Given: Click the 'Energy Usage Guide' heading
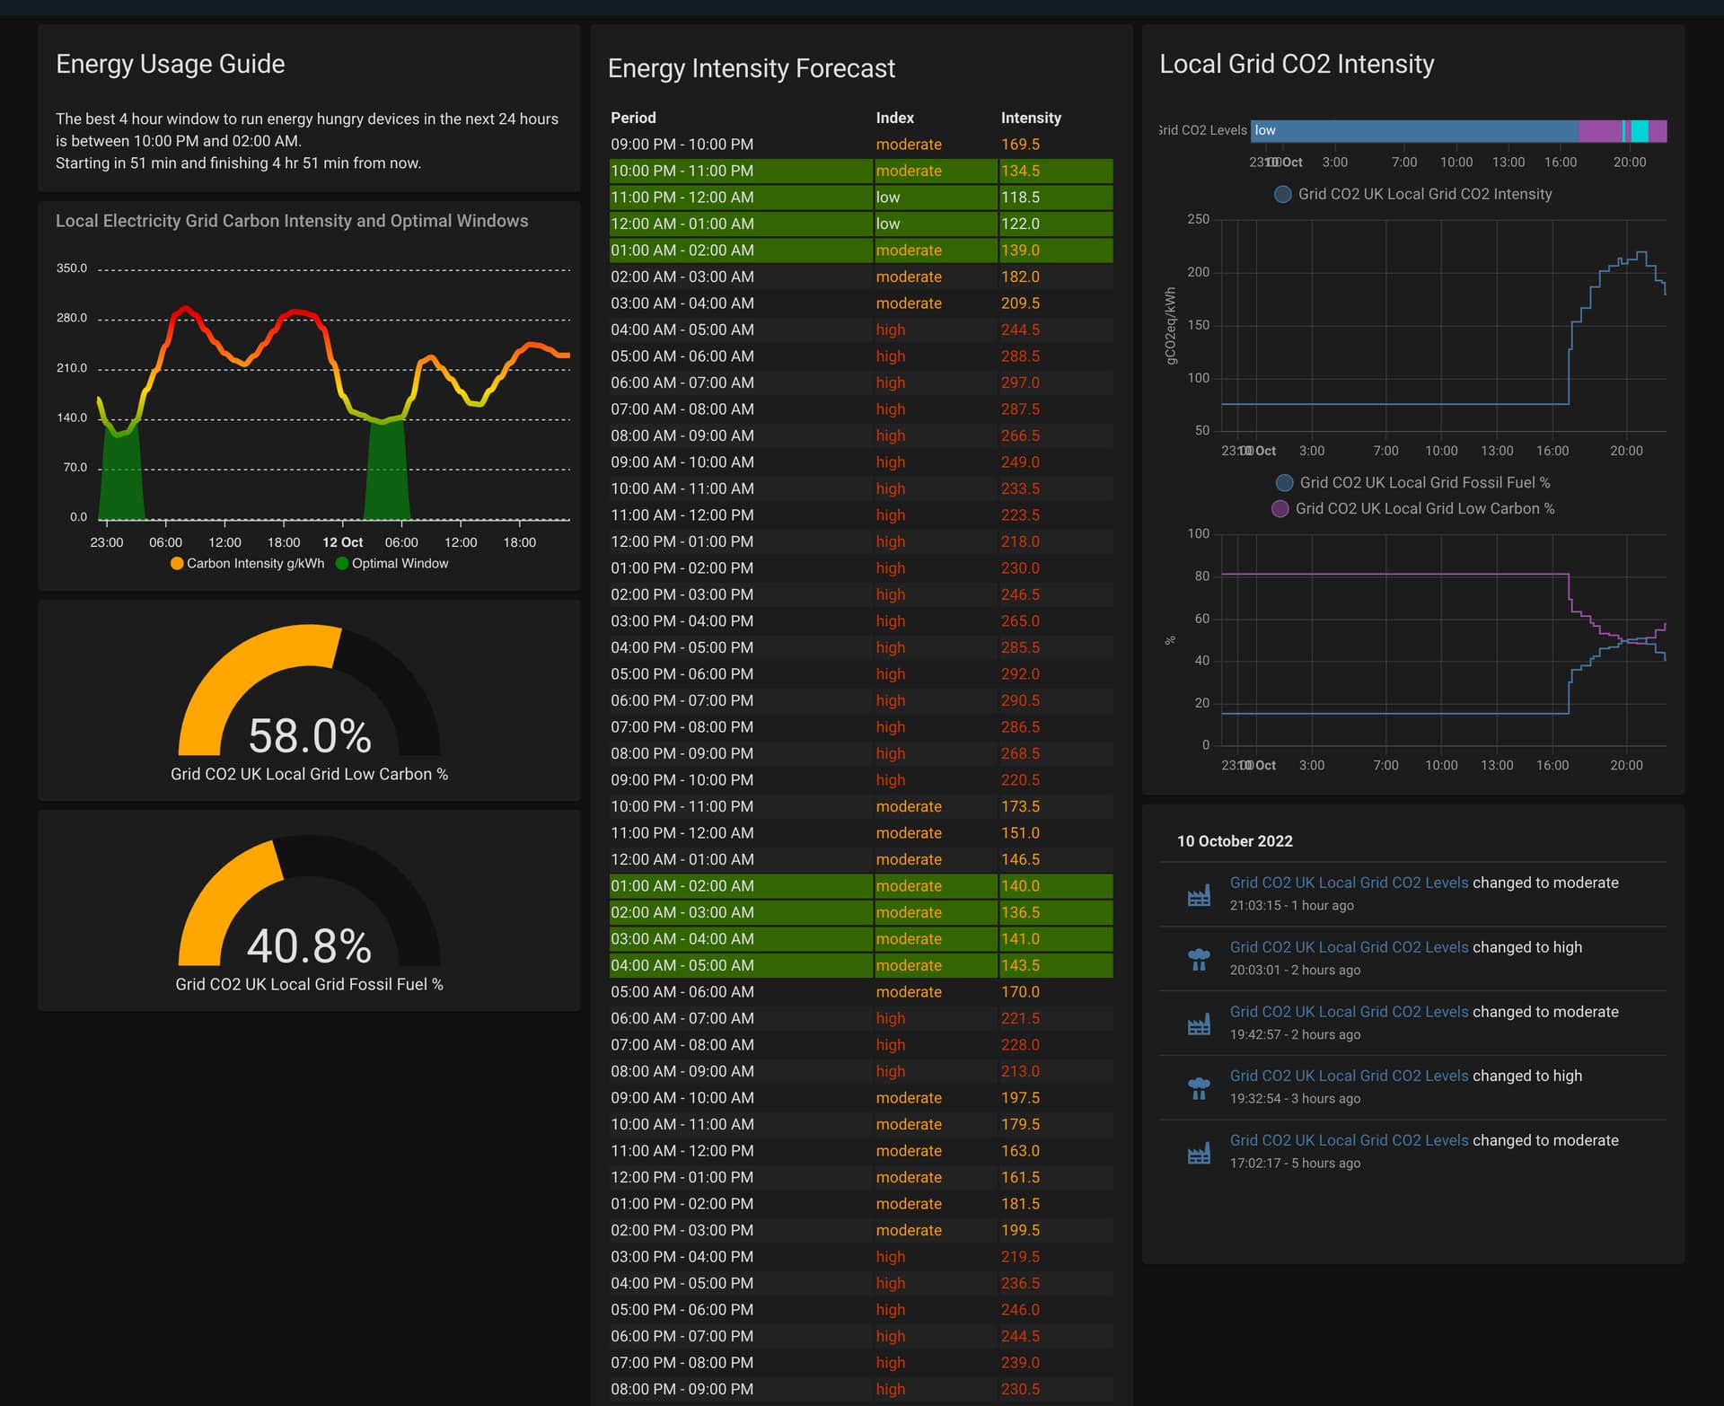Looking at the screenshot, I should click(x=170, y=64).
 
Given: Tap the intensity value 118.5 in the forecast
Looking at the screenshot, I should click(x=1020, y=197).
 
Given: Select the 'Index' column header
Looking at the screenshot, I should click(x=894, y=118).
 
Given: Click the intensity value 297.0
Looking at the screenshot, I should click(x=1020, y=382).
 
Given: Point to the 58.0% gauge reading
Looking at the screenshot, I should click(x=309, y=735).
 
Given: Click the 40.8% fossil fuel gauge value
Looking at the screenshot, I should click(x=309, y=945).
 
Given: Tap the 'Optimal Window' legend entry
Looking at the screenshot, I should click(x=400, y=563).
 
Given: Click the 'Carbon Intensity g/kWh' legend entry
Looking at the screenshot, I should click(x=255, y=563).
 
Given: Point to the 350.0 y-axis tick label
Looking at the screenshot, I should click(x=72, y=268).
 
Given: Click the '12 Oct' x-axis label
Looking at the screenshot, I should click(x=342, y=542).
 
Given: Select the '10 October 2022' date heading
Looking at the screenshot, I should click(x=1235, y=841).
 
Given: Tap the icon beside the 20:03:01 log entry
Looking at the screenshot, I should click(x=1199, y=959).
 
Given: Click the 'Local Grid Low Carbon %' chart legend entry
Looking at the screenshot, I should click(x=1424, y=508).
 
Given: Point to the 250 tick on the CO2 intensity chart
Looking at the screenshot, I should click(x=1198, y=219).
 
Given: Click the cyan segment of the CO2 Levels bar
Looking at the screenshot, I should click(x=1640, y=131).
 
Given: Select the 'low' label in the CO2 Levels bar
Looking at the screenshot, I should click(x=1265, y=130).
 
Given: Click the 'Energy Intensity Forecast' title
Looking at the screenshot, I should click(x=751, y=68).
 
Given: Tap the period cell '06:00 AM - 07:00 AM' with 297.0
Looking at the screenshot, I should click(x=682, y=382).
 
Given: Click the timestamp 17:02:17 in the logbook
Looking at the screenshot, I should click(x=1256, y=1163).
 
